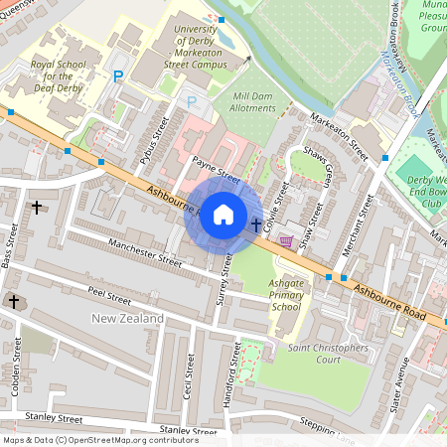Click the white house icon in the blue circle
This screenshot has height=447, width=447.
click(223, 214)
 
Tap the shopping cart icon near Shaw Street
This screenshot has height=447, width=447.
click(287, 240)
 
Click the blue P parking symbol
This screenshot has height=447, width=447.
click(119, 76)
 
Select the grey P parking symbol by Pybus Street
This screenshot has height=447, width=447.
click(192, 102)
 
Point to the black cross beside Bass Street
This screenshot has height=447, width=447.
click(37, 208)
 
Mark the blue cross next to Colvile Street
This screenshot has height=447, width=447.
click(256, 224)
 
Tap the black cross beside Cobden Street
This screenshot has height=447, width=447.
click(15, 300)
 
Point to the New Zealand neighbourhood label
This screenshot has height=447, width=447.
click(127, 318)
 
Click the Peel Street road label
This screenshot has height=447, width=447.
click(108, 297)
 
